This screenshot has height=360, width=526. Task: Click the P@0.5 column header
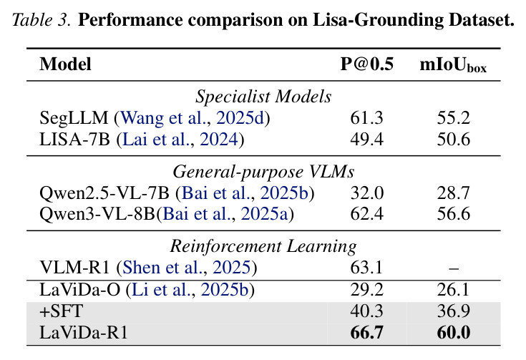tap(366, 64)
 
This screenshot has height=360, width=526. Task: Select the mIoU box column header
tap(453, 64)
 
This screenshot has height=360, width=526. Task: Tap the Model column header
tap(65, 64)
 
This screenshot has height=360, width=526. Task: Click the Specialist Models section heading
tap(263, 97)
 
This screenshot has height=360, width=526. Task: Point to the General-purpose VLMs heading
tap(263, 172)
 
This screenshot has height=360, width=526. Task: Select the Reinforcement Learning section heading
tap(263, 246)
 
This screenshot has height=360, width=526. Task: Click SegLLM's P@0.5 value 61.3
tap(366, 118)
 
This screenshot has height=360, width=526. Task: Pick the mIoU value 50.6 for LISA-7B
tap(453, 140)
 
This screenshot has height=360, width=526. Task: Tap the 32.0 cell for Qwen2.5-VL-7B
tap(366, 193)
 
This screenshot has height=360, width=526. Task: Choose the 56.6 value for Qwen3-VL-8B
tap(453, 214)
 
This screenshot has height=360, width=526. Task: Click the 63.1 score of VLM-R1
tap(366, 268)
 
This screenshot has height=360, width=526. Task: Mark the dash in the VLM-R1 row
tap(454, 268)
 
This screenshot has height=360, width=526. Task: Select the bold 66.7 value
tap(366, 333)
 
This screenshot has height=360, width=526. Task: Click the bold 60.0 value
tap(453, 333)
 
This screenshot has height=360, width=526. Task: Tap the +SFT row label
tap(61, 311)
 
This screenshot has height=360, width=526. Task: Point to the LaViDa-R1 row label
tap(84, 333)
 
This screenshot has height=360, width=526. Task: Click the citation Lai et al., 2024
tap(180, 140)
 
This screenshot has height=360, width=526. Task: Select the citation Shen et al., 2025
tap(187, 268)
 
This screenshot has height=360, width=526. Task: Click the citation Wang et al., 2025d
tap(193, 118)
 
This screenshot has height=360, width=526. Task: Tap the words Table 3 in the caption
tap(42, 20)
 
